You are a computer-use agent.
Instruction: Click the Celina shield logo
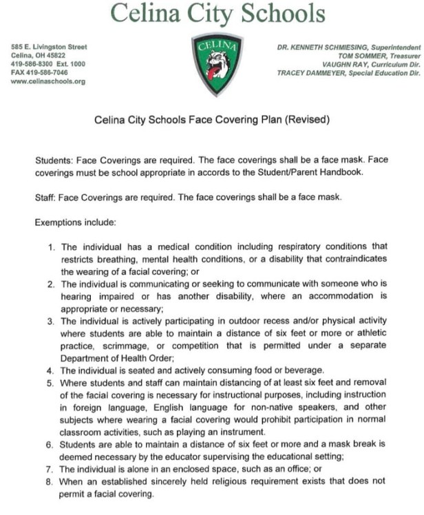pyautogui.click(x=216, y=64)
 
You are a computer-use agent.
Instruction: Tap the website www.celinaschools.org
pyautogui.click(x=48, y=82)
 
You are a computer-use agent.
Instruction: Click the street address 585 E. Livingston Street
pyautogui.click(x=49, y=47)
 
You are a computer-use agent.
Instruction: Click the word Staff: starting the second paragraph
pyautogui.click(x=46, y=198)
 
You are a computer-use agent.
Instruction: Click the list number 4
pyautogui.click(x=52, y=370)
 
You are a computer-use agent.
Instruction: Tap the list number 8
pyautogui.click(x=52, y=482)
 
